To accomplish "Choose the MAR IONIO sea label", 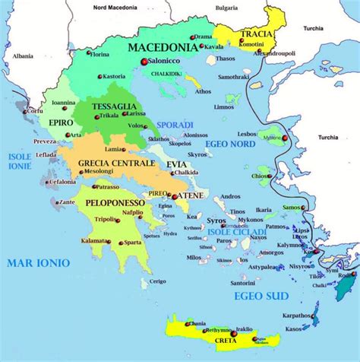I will (38, 262).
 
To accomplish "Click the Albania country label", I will (23, 56).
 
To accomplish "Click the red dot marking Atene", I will (174, 196).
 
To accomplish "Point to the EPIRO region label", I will (60, 122).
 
